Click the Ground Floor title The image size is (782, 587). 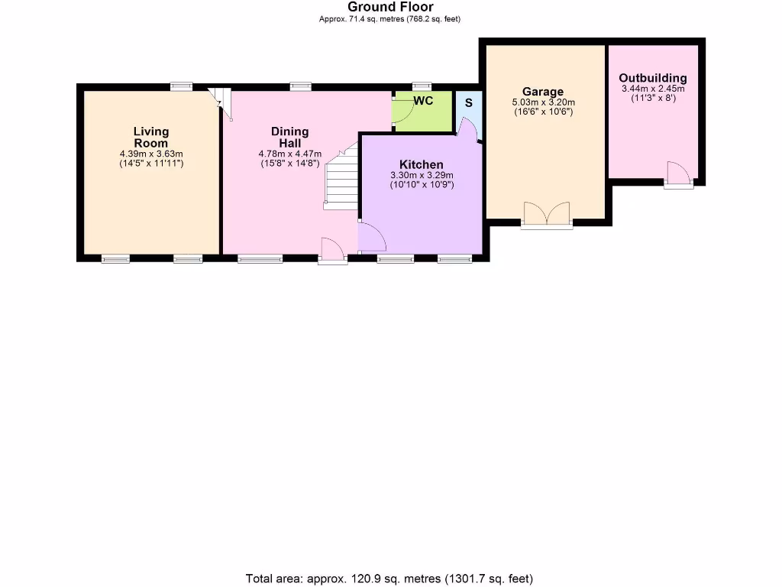390,8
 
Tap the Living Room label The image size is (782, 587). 150,138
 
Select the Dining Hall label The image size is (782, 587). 289,138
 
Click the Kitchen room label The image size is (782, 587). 421,165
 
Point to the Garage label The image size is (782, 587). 543,92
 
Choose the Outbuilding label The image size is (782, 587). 652,78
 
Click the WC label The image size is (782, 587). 424,101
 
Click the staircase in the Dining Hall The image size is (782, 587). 341,180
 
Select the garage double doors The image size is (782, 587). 546,215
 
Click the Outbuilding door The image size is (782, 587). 678,174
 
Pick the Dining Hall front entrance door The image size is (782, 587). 333,250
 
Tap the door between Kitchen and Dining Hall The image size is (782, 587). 371,237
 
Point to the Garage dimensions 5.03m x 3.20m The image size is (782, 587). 543,102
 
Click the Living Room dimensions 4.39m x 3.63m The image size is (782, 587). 150,154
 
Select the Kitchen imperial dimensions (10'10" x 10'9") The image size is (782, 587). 421,184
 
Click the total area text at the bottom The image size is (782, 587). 389,578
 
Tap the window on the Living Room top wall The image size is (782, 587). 181,86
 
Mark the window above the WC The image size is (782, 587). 420,86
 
